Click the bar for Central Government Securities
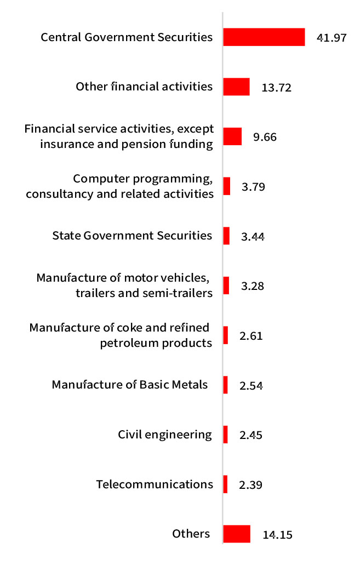click(x=264, y=37)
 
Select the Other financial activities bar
click(x=236, y=87)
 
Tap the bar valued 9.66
click(x=232, y=136)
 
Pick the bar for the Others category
click(x=237, y=534)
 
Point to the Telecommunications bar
click(x=225, y=484)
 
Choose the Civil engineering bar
click(x=225, y=435)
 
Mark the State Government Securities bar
click(x=226, y=236)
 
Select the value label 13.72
click(x=276, y=87)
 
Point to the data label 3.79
click(x=253, y=187)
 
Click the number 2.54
click(x=252, y=385)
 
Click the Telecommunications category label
click(x=155, y=484)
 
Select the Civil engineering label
click(x=165, y=435)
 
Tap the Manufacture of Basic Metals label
click(x=130, y=385)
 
